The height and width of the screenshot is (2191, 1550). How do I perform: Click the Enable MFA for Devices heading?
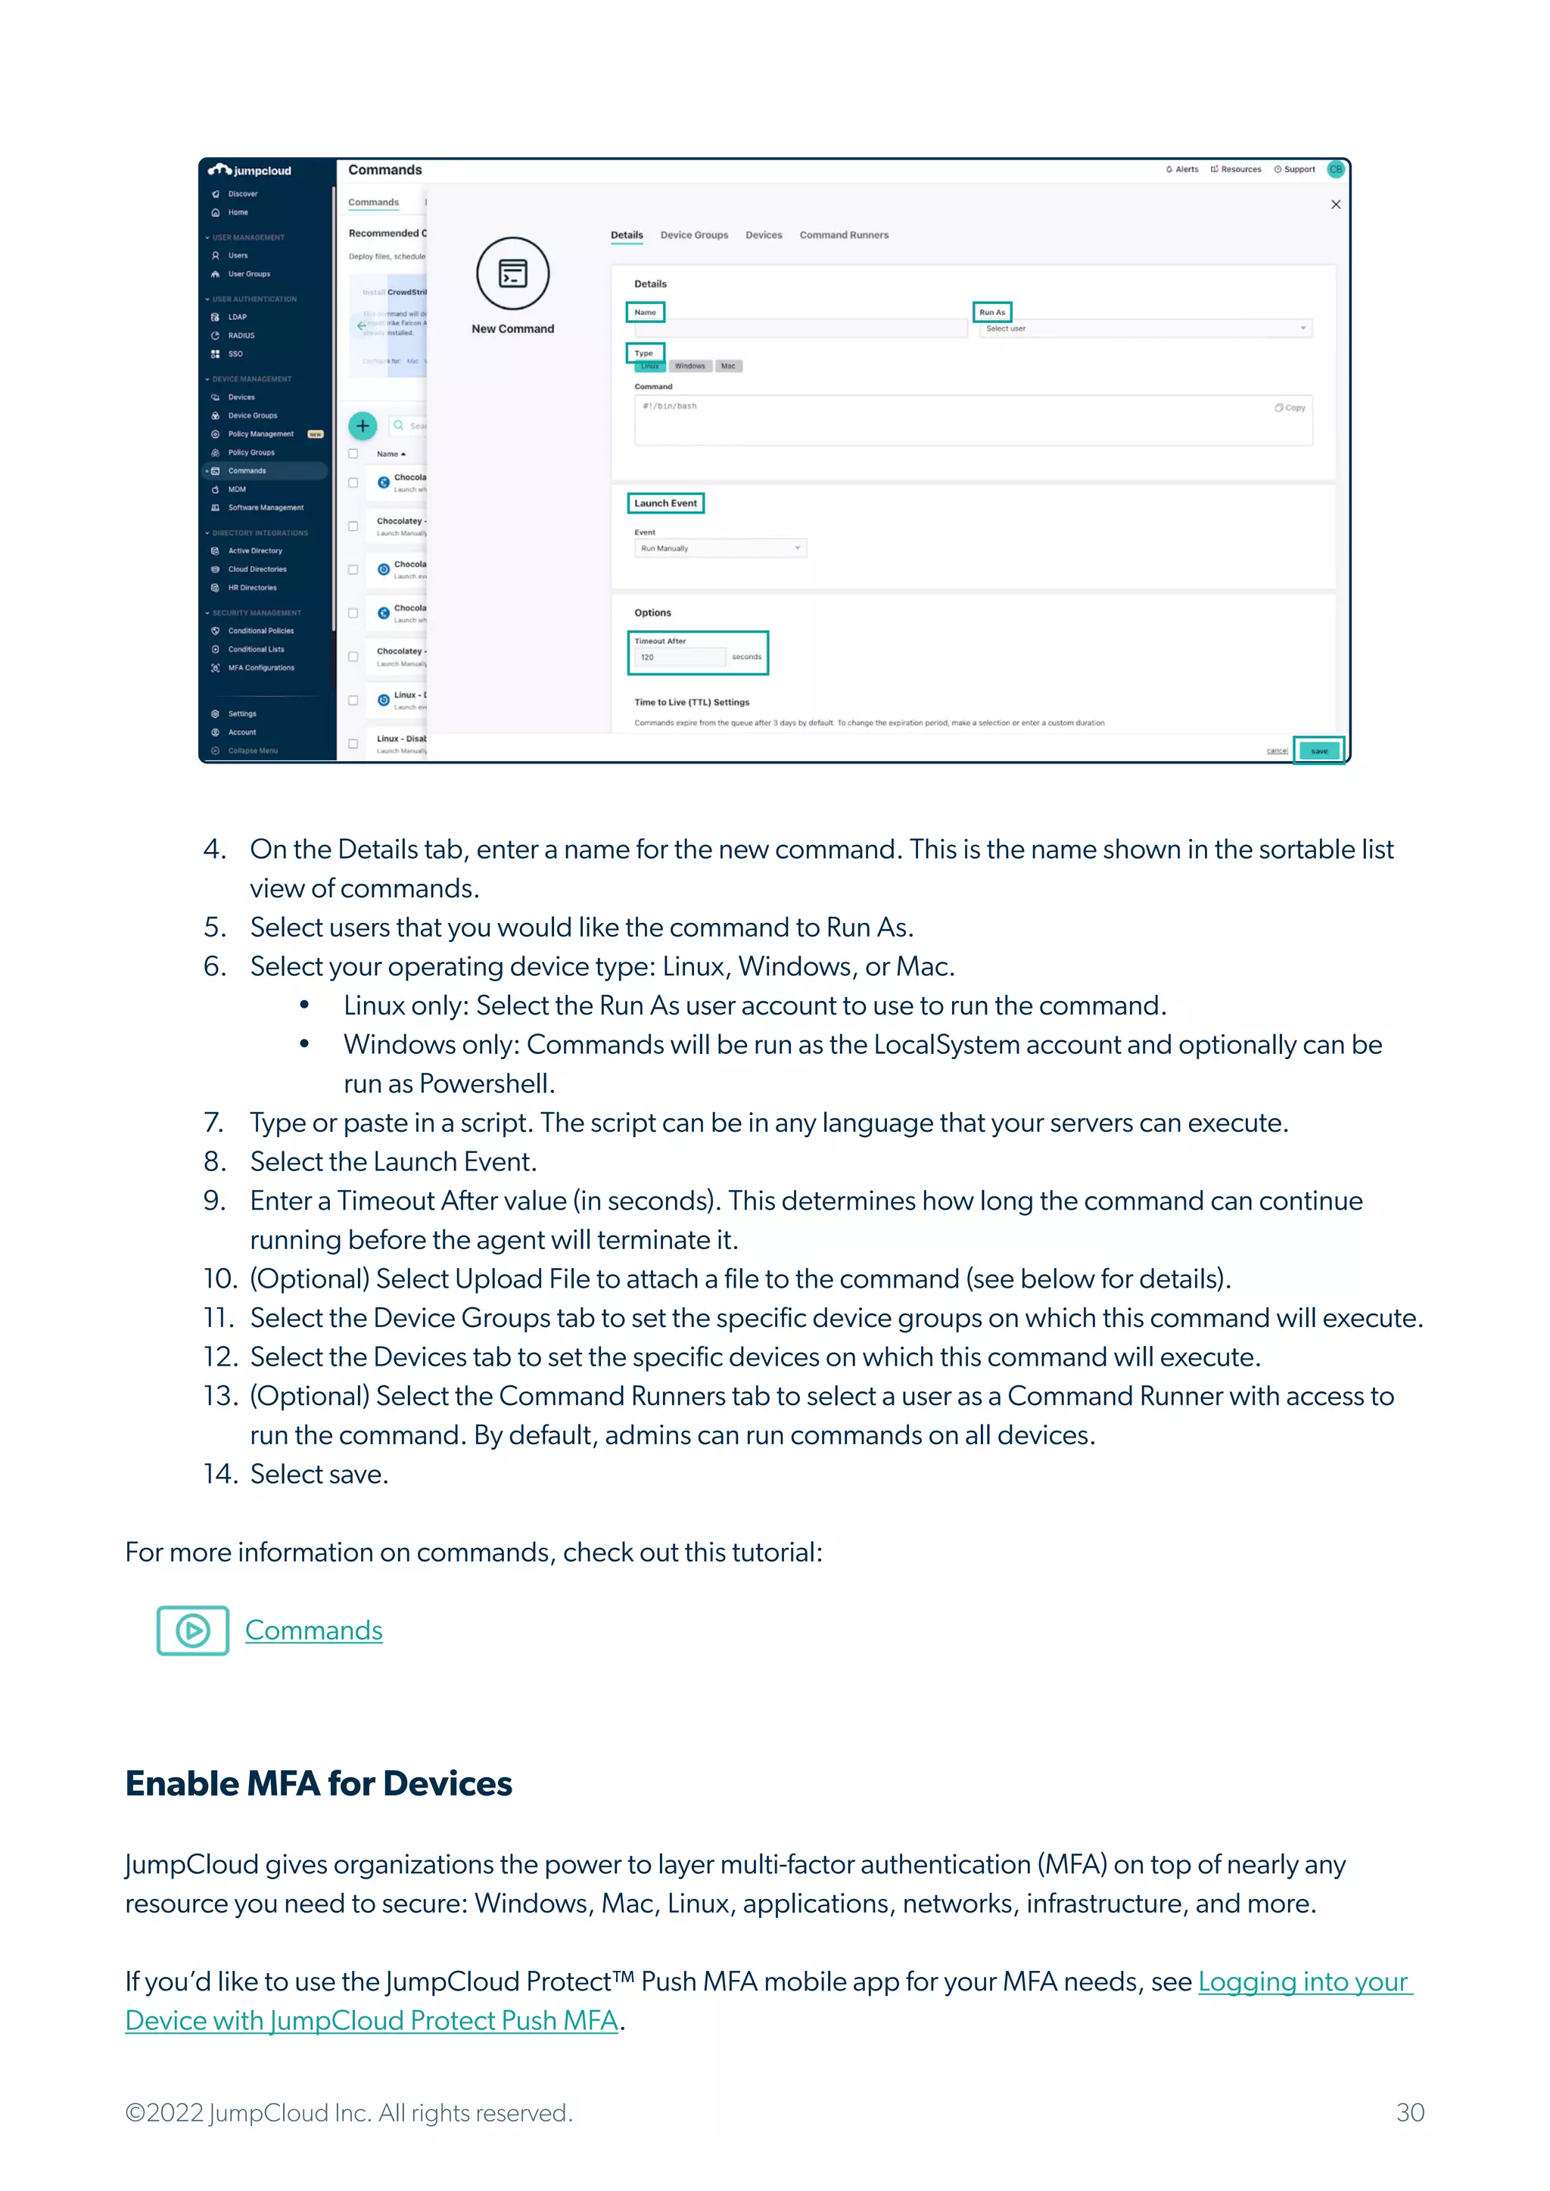pos(319,1783)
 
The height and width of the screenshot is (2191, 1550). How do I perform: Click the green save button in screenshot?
pos(1319,751)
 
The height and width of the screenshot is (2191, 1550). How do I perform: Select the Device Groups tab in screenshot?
pos(694,235)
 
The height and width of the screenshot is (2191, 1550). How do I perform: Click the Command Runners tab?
pos(844,235)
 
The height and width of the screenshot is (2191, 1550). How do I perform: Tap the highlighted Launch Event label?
pos(665,503)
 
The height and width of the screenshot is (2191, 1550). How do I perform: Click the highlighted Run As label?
pos(991,312)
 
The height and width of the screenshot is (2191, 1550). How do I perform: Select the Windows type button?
pos(689,366)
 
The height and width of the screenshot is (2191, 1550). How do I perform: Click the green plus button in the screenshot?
pos(363,426)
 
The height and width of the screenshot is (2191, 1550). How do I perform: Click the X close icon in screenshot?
pos(1335,204)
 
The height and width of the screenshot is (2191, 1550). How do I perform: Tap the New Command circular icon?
pos(512,274)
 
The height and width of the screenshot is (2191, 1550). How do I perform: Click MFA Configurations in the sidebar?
pos(260,668)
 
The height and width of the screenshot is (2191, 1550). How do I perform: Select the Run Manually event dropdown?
pos(721,549)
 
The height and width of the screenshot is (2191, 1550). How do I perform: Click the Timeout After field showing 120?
pos(679,657)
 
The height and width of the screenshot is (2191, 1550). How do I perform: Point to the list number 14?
pos(219,1475)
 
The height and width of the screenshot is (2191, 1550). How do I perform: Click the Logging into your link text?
pos(1304,1982)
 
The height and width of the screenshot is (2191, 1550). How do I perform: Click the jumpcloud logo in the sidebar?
pos(250,171)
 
